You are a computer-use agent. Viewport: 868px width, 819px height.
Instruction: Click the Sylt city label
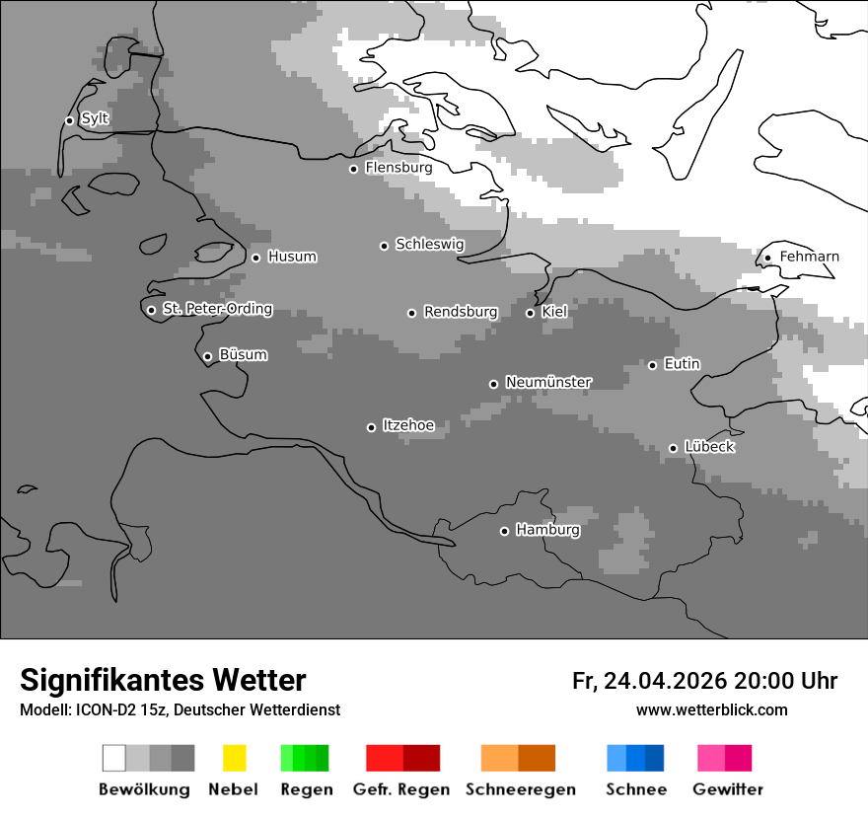coord(96,118)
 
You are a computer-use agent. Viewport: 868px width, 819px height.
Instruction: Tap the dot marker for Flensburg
coord(353,169)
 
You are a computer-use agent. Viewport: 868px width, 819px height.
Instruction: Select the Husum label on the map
coord(292,257)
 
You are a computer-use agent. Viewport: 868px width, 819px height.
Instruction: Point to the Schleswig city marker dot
coord(384,246)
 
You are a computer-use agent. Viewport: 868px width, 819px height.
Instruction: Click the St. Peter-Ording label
coord(217,309)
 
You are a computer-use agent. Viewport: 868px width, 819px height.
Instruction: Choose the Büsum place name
coord(243,354)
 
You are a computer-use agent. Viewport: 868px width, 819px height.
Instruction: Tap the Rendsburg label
coord(461,312)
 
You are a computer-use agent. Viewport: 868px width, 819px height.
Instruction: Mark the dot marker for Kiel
coord(530,313)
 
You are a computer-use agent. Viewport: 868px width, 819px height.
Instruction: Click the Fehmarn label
coord(809,257)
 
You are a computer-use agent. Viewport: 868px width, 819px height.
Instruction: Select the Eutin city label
coord(682,364)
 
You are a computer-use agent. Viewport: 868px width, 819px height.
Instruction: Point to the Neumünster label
coord(548,382)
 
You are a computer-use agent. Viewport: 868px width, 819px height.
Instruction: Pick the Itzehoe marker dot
coord(371,427)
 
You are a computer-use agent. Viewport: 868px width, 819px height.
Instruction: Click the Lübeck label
coord(709,447)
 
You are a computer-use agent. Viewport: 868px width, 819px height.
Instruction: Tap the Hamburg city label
coord(547,530)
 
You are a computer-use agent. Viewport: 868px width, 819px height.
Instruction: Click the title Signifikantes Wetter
coord(163,680)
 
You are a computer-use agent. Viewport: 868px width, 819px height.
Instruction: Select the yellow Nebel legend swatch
coord(234,758)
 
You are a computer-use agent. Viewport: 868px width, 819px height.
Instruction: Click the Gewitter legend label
coord(728,789)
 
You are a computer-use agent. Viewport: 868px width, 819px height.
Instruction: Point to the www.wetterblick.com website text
coord(711,709)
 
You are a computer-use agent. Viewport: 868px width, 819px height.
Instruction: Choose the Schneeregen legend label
coord(521,789)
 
